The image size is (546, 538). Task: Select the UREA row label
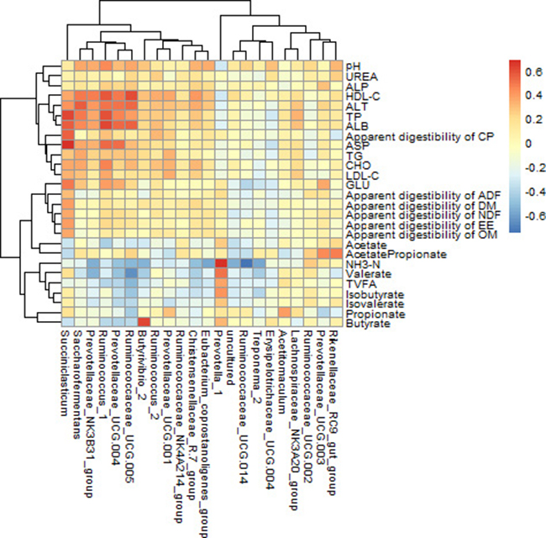360,76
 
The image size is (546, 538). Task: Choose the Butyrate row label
365,322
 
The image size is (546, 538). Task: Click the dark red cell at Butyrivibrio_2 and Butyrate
143,322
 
